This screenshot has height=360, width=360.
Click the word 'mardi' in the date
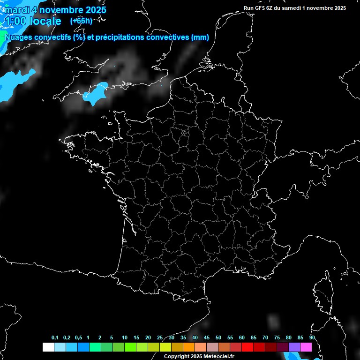pyautogui.click(x=16, y=10)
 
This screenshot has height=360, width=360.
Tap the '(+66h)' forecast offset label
pyautogui.click(x=81, y=21)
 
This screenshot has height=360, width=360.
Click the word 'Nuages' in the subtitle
pyautogui.click(x=18, y=37)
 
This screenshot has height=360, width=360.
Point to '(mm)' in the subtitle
pyautogui.click(x=201, y=37)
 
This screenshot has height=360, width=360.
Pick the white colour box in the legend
pyautogui.click(x=48, y=347)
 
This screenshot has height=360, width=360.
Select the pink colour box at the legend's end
pyautogui.click(x=306, y=347)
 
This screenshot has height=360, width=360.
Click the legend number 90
pyautogui.click(x=312, y=338)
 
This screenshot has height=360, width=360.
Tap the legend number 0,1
pyautogui.click(x=55, y=338)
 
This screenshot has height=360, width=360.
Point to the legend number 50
pyautogui.click(x=218, y=338)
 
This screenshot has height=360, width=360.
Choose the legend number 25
pyautogui.click(x=160, y=338)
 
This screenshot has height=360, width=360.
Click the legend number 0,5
pyautogui.click(x=78, y=338)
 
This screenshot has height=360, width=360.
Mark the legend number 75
pyautogui.click(x=277, y=338)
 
